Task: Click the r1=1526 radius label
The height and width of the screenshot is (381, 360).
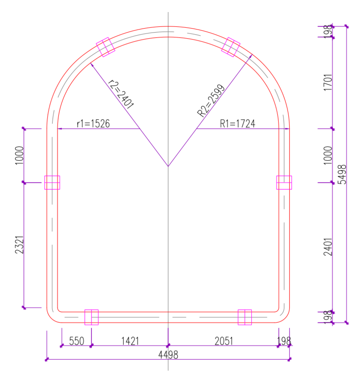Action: pyautogui.click(x=93, y=124)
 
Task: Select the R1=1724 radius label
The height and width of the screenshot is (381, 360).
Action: pyautogui.click(x=237, y=124)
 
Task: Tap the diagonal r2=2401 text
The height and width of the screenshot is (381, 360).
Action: pyautogui.click(x=121, y=94)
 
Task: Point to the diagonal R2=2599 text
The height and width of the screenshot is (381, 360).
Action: pyautogui.click(x=211, y=101)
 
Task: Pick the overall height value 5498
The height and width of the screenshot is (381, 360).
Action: pyautogui.click(x=342, y=174)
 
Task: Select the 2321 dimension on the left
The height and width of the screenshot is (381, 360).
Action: pyautogui.click(x=19, y=245)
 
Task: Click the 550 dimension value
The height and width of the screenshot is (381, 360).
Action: pyautogui.click(x=76, y=341)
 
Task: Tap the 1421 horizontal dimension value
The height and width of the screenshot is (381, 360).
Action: pyautogui.click(x=130, y=341)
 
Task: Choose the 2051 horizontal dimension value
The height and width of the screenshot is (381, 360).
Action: pyautogui.click(x=224, y=341)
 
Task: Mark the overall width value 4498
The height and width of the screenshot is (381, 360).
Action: pyautogui.click(x=168, y=355)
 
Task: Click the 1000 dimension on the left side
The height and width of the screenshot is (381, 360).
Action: pyautogui.click(x=19, y=155)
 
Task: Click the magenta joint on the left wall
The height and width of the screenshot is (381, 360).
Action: pyautogui.click(x=52, y=182)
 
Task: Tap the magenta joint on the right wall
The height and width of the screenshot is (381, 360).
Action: pyautogui.click(x=284, y=182)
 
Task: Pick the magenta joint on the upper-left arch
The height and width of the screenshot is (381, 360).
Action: pyautogui.click(x=105, y=47)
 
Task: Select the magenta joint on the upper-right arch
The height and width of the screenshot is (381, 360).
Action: pyautogui.click(x=231, y=47)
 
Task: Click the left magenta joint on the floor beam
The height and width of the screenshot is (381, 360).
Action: pyautogui.click(x=92, y=317)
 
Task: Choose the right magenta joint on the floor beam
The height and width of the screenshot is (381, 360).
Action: pyautogui.click(x=245, y=317)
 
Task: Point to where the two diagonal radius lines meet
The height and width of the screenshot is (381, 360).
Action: pyautogui.click(x=168, y=167)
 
